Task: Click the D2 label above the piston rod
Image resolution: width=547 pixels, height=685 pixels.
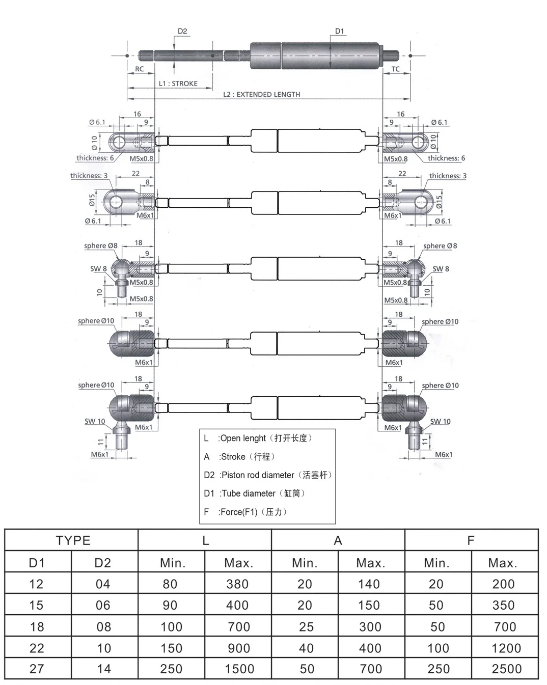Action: coord(182,32)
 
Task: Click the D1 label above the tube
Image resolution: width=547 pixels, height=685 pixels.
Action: coord(340,32)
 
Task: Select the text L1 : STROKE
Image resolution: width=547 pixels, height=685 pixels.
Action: coord(178,84)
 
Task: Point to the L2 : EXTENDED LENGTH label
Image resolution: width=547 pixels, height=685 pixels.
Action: coord(261,94)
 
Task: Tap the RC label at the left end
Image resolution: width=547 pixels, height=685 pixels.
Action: coord(140,69)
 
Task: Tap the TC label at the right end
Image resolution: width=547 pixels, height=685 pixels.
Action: coord(396,69)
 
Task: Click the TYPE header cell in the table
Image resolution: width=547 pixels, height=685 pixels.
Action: coord(73,540)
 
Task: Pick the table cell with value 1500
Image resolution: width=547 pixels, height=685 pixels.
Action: coord(239,669)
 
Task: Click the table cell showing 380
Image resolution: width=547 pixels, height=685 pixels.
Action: coord(237,584)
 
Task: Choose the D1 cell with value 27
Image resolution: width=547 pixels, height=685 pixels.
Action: coord(37,669)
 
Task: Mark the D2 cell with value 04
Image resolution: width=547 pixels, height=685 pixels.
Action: coord(103,584)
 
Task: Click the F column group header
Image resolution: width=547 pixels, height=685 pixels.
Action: coord(471,540)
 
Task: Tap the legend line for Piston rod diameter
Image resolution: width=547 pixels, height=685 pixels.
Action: coord(268,475)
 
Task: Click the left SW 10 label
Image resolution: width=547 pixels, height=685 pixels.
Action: coord(95,421)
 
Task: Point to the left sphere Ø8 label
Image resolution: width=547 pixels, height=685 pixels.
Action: coord(101,246)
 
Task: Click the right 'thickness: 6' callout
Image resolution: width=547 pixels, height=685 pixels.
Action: coord(446,158)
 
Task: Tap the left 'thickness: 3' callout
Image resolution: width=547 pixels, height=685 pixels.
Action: coord(89,176)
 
